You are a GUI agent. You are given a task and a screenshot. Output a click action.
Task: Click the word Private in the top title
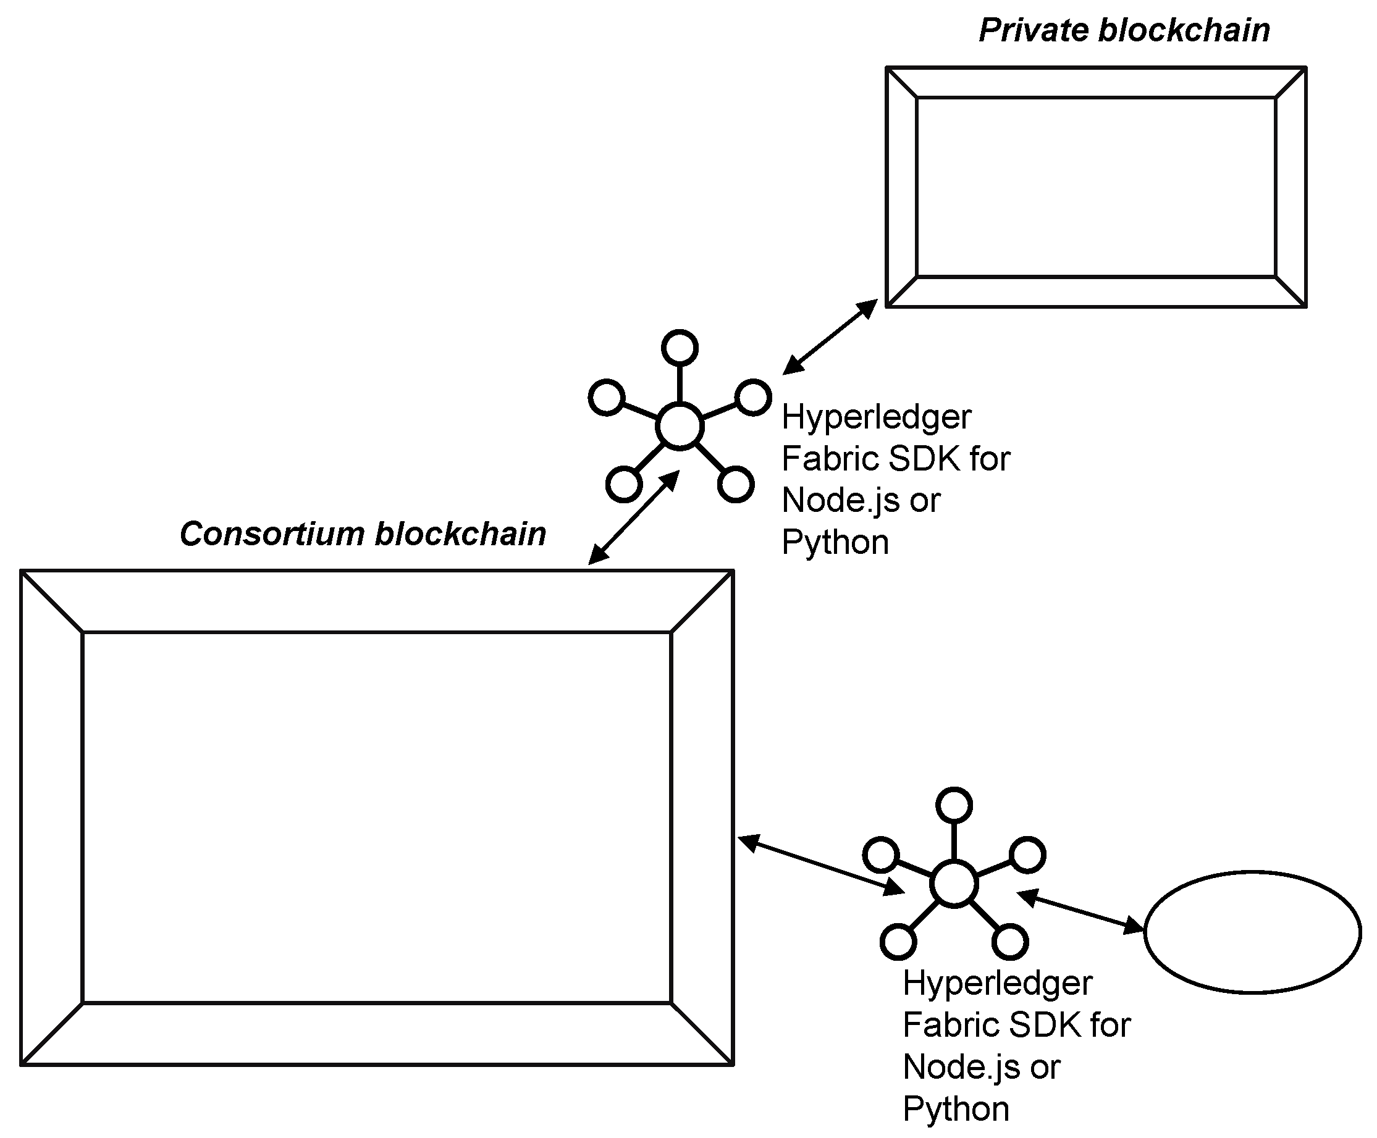pos(1033,31)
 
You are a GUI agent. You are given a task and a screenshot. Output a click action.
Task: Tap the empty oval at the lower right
pos(1252,932)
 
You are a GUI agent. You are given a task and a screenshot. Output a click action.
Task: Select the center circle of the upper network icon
pos(680,426)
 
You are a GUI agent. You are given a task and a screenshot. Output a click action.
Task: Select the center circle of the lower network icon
pos(954,884)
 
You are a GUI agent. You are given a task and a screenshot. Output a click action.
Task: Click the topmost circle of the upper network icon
pos(680,348)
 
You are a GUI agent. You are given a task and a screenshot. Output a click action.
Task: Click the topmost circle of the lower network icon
pos(954,806)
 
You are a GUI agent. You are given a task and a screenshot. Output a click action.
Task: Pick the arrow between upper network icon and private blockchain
pos(830,337)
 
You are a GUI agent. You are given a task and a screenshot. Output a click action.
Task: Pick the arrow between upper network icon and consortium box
pos(633,517)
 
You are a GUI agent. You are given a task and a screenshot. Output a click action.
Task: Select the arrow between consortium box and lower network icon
pos(821,864)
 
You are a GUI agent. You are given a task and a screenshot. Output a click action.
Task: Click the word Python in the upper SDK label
pos(835,543)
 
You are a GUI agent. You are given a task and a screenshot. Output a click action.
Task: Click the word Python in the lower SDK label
pos(956,1109)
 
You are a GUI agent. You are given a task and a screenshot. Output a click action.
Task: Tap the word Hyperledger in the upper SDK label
pos(876,417)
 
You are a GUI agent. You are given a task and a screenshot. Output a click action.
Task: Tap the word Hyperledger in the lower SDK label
pos(997,983)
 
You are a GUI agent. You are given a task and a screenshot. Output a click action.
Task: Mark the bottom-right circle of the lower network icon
pos(1010,943)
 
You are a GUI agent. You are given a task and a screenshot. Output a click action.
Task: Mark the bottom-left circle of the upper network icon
pos(623,485)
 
